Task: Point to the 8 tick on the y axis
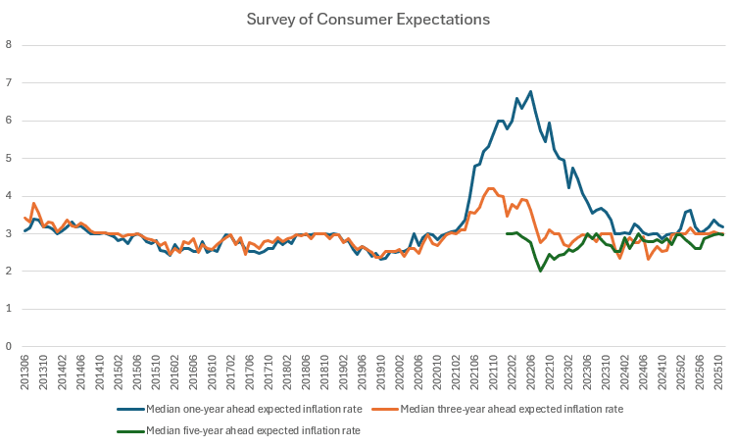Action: pyautogui.click(x=9, y=45)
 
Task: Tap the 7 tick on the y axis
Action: pyautogui.click(x=9, y=82)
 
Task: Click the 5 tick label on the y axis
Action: pyautogui.click(x=9, y=158)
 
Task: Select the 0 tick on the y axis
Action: pyautogui.click(x=9, y=346)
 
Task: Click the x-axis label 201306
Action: pyautogui.click(x=26, y=371)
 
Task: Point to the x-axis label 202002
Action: pyautogui.click(x=399, y=371)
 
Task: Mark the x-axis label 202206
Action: pyautogui.click(x=531, y=371)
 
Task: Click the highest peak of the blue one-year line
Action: pyautogui.click(x=530, y=91)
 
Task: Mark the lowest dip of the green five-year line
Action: pyautogui.click(x=540, y=271)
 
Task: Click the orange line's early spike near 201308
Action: pyautogui.click(x=34, y=203)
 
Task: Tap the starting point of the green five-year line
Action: pyautogui.click(x=507, y=233)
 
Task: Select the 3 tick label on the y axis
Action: pyautogui.click(x=9, y=233)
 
